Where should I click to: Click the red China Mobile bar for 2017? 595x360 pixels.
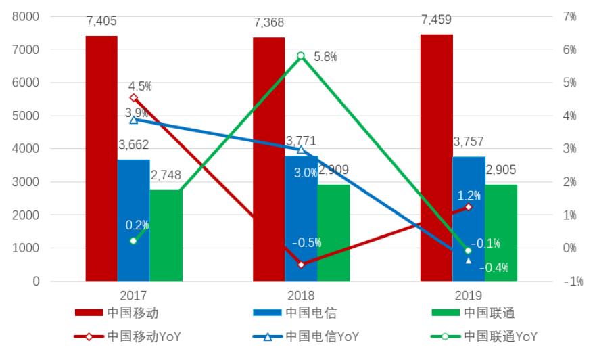coord(101,158)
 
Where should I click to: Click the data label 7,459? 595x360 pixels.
coord(437,20)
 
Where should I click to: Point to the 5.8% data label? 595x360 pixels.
coord(325,57)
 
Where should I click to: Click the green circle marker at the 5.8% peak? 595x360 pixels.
coord(301,56)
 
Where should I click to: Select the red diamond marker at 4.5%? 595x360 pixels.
coord(134,98)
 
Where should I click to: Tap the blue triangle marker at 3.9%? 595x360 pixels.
coord(134,120)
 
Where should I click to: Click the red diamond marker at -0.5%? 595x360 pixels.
coord(301,265)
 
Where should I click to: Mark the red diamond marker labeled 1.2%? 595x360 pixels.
coord(469,207)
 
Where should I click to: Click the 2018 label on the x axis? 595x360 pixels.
coord(301,296)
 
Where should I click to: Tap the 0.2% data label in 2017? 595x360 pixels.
coord(137,225)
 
